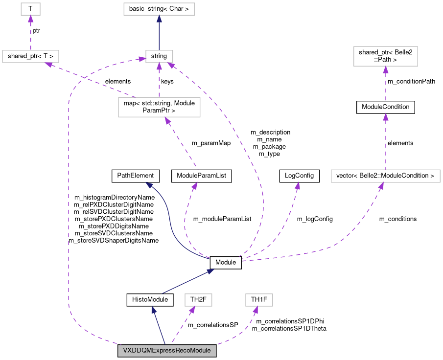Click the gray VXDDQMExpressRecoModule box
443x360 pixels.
[x=167, y=351]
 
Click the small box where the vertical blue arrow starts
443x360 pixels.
[x=159, y=56]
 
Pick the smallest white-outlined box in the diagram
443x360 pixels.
[x=30, y=9]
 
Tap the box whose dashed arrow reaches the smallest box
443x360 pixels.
[x=30, y=56]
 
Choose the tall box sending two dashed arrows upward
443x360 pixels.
[x=159, y=107]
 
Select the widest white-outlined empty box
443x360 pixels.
[x=385, y=176]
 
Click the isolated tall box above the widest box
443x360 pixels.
[x=385, y=56]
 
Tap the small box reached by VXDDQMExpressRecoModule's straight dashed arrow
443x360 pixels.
[x=198, y=300]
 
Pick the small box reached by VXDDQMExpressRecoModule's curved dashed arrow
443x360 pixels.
[x=259, y=300]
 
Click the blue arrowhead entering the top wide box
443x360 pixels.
[x=159, y=19]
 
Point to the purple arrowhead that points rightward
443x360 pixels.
[x=141, y=59]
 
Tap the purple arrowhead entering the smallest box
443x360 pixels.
[x=30, y=19]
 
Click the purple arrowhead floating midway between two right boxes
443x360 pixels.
[x=385, y=117]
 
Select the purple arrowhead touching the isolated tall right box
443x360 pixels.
[x=385, y=69]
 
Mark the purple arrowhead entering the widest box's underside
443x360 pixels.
[x=381, y=186]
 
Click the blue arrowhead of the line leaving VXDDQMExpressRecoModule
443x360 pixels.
[x=153, y=310]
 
